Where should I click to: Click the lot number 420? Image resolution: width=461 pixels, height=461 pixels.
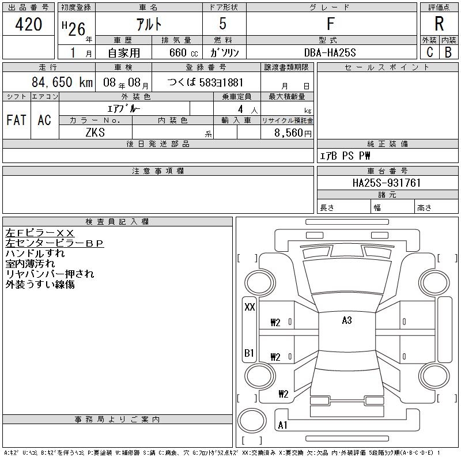[x=29, y=24]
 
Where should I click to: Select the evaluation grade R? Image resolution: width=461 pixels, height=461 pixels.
[x=439, y=24]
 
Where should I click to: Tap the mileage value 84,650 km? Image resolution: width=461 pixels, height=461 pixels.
[x=63, y=82]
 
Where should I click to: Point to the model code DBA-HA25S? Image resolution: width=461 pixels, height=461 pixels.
[x=331, y=52]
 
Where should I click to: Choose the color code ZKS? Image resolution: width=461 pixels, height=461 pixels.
[x=95, y=132]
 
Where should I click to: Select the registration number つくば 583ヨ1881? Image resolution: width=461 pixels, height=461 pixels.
[x=206, y=82]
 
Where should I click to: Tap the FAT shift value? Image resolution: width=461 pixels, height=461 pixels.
[x=16, y=120]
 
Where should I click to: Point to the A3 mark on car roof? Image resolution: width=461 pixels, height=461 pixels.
[x=346, y=320]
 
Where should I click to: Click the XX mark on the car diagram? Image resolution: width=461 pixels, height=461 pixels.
[x=250, y=307]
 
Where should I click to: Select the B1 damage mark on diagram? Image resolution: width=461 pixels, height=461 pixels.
[x=250, y=353]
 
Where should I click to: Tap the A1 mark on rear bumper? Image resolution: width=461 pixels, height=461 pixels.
[x=282, y=425]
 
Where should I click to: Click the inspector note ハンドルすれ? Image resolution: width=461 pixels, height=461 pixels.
[x=35, y=253]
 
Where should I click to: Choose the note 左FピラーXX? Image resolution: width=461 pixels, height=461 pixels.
[x=40, y=232]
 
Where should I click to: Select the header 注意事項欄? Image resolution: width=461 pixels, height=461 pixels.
[x=158, y=171]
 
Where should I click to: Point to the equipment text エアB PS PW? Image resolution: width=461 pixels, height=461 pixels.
[x=345, y=156]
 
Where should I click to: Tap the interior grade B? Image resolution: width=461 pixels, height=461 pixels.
[x=448, y=52]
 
